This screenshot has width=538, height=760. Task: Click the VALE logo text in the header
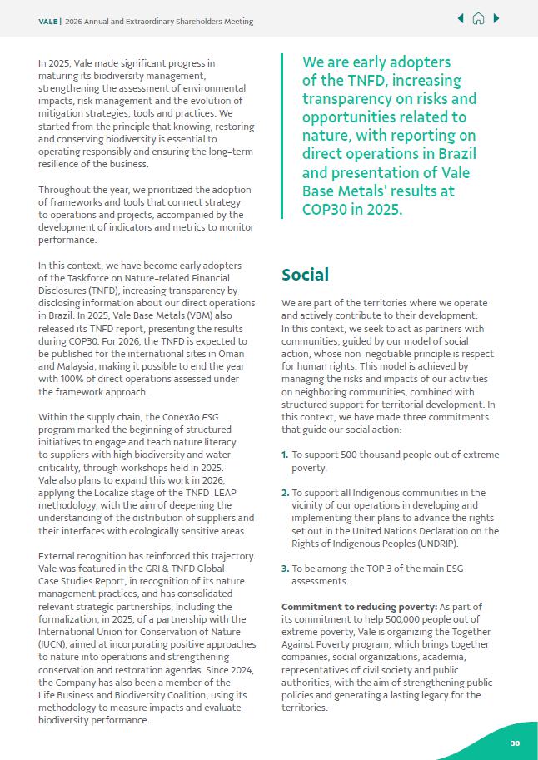[47, 21]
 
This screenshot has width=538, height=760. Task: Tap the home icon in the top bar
[478, 19]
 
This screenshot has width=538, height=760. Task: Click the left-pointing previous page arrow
[461, 19]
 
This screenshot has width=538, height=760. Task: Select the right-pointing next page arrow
[496, 19]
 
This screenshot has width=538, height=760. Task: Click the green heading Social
[305, 275]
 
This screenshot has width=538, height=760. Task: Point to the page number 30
[515, 743]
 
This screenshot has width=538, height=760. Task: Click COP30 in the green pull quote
[326, 210]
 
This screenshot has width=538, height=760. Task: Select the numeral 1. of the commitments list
[285, 455]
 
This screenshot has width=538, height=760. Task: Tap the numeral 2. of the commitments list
[285, 493]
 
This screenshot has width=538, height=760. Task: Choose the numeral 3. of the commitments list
[285, 569]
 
